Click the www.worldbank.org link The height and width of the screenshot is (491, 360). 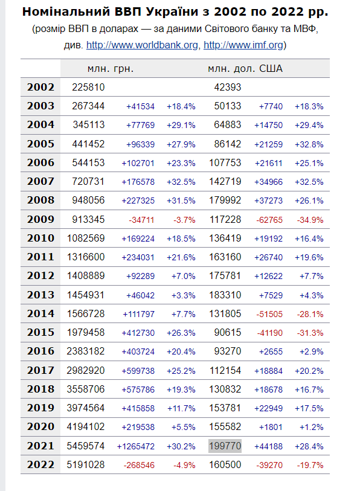click(x=142, y=45)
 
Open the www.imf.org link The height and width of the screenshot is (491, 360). click(x=243, y=45)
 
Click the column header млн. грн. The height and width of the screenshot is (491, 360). click(x=111, y=69)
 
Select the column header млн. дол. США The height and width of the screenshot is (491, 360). click(x=245, y=69)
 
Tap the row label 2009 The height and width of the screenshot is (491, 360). click(x=40, y=219)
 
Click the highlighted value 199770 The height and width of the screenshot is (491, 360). click(x=225, y=446)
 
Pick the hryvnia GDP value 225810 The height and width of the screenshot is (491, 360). click(x=88, y=87)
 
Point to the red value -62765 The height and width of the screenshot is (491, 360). click(x=269, y=220)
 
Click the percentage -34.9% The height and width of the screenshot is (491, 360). click(x=310, y=220)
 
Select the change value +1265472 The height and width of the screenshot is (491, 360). click(x=136, y=446)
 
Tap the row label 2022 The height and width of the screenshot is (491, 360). click(x=40, y=464)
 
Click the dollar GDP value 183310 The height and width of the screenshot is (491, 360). click(x=225, y=295)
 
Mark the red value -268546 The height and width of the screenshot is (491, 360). click(x=139, y=465)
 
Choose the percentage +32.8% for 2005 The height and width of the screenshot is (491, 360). click(x=309, y=144)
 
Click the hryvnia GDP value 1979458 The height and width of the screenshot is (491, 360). click(x=86, y=333)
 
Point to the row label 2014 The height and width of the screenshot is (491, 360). click(x=40, y=314)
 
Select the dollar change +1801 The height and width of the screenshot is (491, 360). click(x=271, y=427)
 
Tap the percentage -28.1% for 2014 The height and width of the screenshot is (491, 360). click(x=310, y=314)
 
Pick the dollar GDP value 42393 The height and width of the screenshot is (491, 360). click(x=228, y=87)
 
